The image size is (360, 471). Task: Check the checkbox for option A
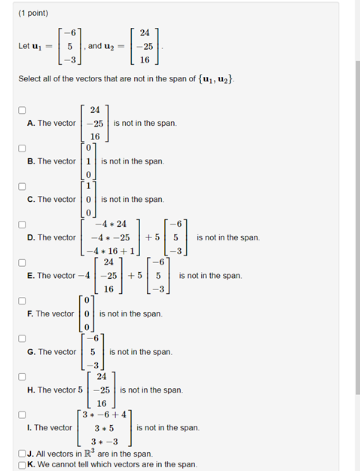coord(23,110)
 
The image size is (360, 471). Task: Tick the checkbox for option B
coord(23,148)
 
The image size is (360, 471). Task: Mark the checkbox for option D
coord(23,224)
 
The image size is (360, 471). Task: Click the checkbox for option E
coord(23,262)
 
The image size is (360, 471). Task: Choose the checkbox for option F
coord(23,300)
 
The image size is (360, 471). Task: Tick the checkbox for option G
coord(23,338)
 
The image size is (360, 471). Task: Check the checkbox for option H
coord(23,376)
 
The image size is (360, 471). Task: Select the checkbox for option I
coord(23,414)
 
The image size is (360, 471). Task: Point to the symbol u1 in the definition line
coord(35,47)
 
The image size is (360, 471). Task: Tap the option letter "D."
coord(31,237)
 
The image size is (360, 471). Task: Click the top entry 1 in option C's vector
coord(88,186)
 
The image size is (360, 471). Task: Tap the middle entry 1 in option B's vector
coord(88,161)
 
